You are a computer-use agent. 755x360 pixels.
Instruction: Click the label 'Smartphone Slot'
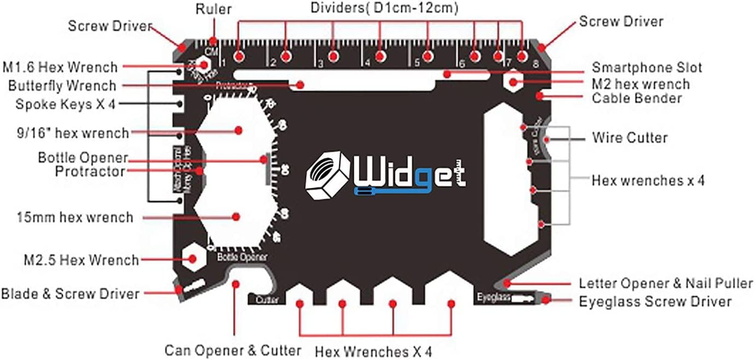tap(647, 68)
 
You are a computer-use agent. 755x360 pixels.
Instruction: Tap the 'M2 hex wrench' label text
tap(641, 84)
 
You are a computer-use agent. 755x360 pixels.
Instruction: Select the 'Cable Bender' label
tap(637, 98)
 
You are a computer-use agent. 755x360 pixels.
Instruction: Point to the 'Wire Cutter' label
tap(630, 137)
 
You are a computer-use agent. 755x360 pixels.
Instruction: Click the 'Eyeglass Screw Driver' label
tap(655, 301)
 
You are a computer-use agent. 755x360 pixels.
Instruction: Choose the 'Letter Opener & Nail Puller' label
tap(665, 283)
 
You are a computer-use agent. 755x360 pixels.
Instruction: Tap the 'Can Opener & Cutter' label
tap(233, 350)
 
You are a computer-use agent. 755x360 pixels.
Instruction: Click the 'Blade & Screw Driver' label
tap(70, 294)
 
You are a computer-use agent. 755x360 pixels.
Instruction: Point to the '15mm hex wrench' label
tap(74, 217)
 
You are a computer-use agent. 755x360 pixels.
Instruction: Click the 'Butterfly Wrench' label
tap(62, 86)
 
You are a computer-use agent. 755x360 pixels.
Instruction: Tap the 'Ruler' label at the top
tap(214, 9)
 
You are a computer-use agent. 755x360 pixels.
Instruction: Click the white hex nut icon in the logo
tap(327, 175)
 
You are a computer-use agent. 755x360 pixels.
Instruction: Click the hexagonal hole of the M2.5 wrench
tap(193, 258)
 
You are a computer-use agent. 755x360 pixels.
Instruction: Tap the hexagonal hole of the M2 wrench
tap(513, 83)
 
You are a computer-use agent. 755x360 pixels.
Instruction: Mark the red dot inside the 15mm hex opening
tap(236, 216)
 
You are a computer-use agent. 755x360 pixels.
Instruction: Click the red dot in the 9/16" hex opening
tap(239, 130)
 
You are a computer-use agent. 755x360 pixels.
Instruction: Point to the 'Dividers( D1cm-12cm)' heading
tap(384, 8)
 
